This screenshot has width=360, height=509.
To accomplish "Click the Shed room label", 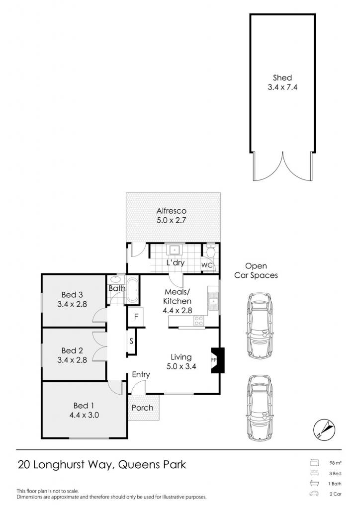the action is pyautogui.click(x=282, y=78).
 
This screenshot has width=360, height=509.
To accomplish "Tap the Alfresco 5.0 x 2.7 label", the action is pyautogui.click(x=172, y=216).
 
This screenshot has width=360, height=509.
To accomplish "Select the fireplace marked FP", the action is pyautogui.click(x=217, y=360).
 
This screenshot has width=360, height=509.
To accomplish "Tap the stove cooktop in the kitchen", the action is pyautogui.click(x=199, y=321).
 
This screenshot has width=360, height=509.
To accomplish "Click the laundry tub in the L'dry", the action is pyautogui.click(x=175, y=250).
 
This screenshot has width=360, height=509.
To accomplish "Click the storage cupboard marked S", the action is pyautogui.click(x=131, y=341).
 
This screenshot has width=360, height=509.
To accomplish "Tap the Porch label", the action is pyautogui.click(x=143, y=408).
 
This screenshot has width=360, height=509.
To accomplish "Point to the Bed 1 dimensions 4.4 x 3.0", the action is pyautogui.click(x=84, y=415).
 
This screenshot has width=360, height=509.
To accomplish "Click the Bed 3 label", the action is pyautogui.click(x=72, y=295).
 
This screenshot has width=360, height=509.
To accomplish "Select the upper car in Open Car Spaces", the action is pyautogui.click(x=260, y=326).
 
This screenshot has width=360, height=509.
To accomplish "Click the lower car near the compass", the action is pyautogui.click(x=260, y=408).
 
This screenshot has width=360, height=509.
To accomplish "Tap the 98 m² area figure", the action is pyautogui.click(x=336, y=463).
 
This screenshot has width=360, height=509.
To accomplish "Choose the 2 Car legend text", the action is pyautogui.click(x=335, y=494).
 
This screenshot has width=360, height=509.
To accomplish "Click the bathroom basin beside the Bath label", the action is pyautogui.click(x=114, y=279).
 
